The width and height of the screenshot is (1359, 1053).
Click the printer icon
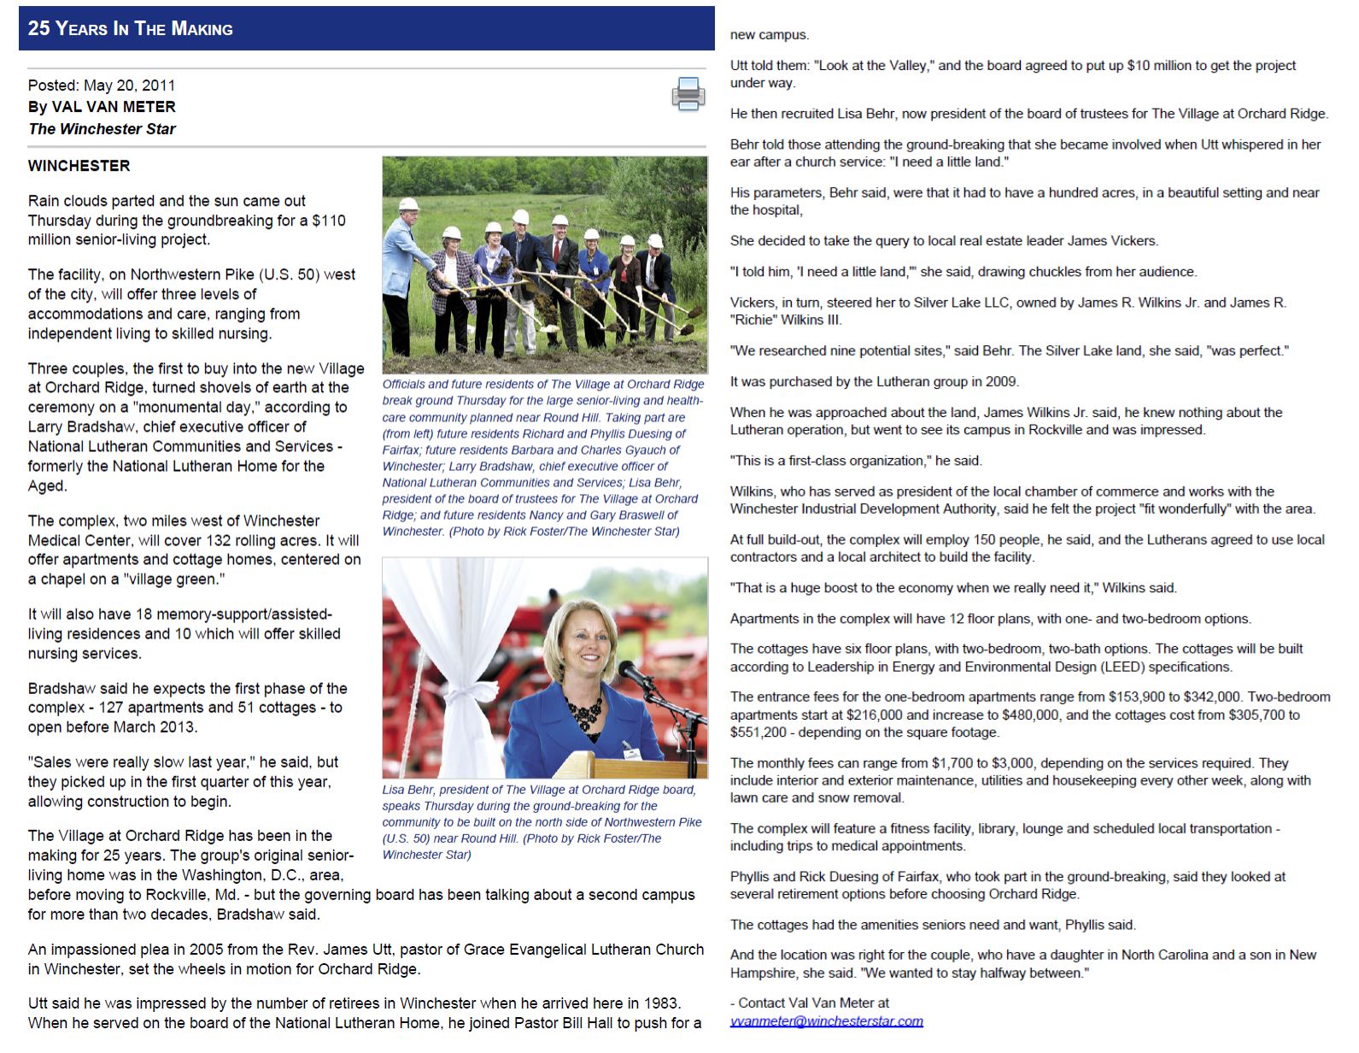click(x=688, y=94)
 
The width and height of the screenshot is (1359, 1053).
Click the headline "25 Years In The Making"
click(x=130, y=28)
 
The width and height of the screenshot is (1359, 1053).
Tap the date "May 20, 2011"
click(x=130, y=85)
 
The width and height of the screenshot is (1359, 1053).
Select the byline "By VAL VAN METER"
click(x=102, y=107)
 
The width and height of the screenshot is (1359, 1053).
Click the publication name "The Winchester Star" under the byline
click(x=102, y=129)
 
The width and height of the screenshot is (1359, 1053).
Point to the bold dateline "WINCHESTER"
click(x=79, y=166)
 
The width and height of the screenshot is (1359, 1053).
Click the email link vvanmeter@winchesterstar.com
click(x=826, y=1021)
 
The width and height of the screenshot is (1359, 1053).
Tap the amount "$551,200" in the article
click(x=758, y=732)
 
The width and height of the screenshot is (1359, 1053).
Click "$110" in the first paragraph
click(x=329, y=221)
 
